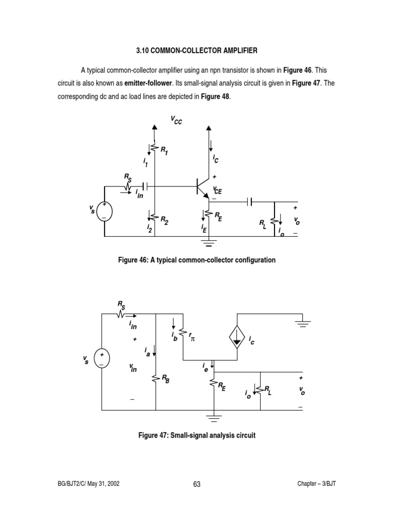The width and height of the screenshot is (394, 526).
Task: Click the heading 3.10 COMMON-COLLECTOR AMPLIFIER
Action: click(x=196, y=51)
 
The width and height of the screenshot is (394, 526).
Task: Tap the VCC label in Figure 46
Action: click(x=176, y=120)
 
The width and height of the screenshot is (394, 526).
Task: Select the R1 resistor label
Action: click(x=164, y=151)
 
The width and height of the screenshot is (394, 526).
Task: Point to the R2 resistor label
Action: click(x=164, y=220)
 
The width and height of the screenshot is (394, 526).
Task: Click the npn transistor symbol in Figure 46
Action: click(x=203, y=187)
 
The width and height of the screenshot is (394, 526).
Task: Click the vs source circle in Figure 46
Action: click(x=104, y=211)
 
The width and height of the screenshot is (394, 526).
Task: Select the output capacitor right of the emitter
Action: click(x=250, y=201)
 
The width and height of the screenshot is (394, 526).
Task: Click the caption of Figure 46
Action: click(x=196, y=260)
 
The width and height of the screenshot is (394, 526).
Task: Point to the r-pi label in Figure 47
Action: click(x=193, y=339)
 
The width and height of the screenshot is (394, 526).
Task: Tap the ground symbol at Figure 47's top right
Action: click(x=303, y=324)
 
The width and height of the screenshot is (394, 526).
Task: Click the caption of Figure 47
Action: click(x=196, y=435)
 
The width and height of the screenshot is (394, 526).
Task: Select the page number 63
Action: click(x=196, y=484)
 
